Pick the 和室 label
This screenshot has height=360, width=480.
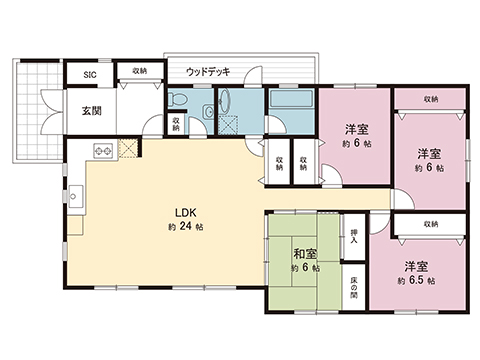(307, 254)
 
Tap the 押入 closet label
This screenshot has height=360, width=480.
(353, 232)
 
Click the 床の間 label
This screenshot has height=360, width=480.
(354, 287)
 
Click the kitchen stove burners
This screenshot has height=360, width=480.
(103, 151)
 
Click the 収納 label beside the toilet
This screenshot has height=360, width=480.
(175, 125)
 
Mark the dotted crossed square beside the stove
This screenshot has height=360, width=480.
(128, 150)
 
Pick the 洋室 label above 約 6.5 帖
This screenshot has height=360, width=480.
(417, 267)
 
